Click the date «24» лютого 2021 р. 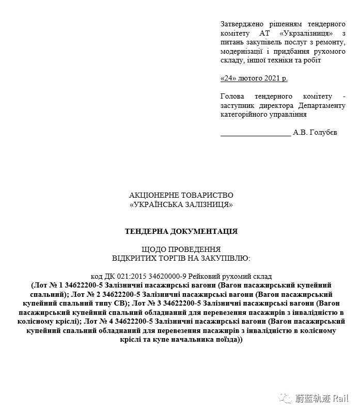pos(254,78)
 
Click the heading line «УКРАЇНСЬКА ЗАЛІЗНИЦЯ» pos(181,204)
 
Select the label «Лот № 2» pos(84,294)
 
